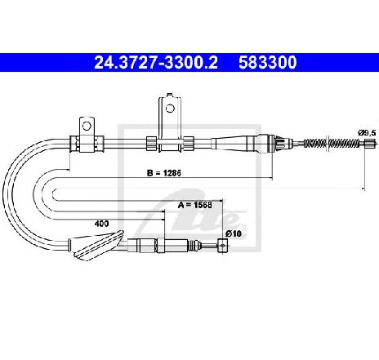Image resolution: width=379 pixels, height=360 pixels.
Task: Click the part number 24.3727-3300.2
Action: pos(156,63)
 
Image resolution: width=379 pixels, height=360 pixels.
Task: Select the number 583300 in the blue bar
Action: pos(268,63)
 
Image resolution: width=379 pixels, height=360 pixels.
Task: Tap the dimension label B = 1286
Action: pos(163,173)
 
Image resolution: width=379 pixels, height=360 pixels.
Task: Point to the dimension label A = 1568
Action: pos(194,205)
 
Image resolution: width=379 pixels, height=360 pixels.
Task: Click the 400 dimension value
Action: pos(101,224)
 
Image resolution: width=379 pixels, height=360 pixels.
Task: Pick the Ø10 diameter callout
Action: pos(234,233)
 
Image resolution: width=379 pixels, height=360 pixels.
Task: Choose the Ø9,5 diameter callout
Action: pos(367,133)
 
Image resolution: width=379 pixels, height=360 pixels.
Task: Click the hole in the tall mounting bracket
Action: pos(170,109)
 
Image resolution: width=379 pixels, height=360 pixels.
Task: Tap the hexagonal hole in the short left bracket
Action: pos(87,126)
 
